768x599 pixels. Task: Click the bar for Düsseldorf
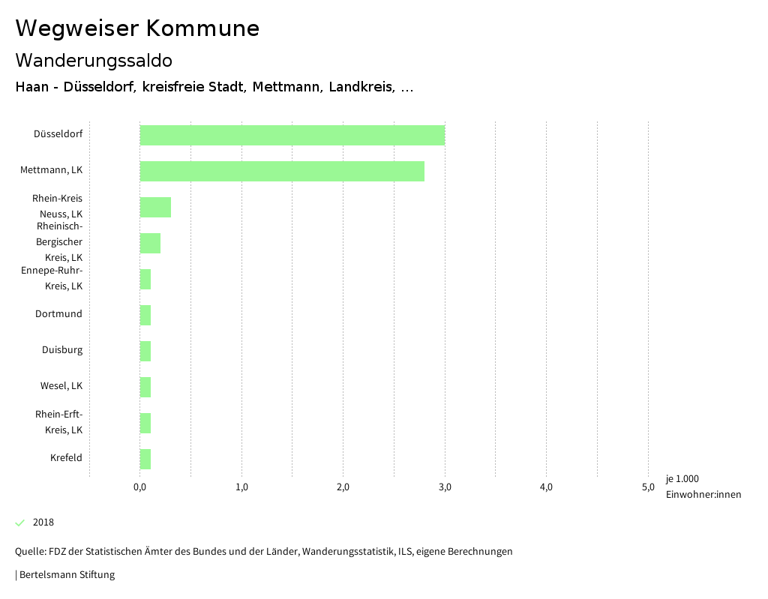(292, 136)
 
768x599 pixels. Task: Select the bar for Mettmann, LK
(282, 171)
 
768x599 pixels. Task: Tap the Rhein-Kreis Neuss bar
(155, 207)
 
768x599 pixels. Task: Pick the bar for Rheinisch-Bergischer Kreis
(150, 243)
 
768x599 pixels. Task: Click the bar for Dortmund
(145, 315)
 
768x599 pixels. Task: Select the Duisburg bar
(145, 351)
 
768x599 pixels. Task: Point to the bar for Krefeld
(145, 459)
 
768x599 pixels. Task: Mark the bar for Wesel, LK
(145, 387)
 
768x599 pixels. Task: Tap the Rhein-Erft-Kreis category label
(59, 422)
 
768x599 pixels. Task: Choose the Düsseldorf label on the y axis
(58, 134)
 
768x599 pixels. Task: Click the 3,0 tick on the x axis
(445, 487)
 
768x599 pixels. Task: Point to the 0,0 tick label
(139, 487)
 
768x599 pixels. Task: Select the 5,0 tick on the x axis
(648, 487)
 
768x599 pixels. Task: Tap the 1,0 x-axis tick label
(241, 487)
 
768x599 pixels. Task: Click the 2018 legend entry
(43, 523)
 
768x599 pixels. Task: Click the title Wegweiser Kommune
(137, 28)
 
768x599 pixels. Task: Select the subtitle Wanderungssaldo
(94, 60)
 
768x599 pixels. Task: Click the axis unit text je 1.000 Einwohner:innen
(703, 487)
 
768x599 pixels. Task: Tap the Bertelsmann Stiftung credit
(66, 575)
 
